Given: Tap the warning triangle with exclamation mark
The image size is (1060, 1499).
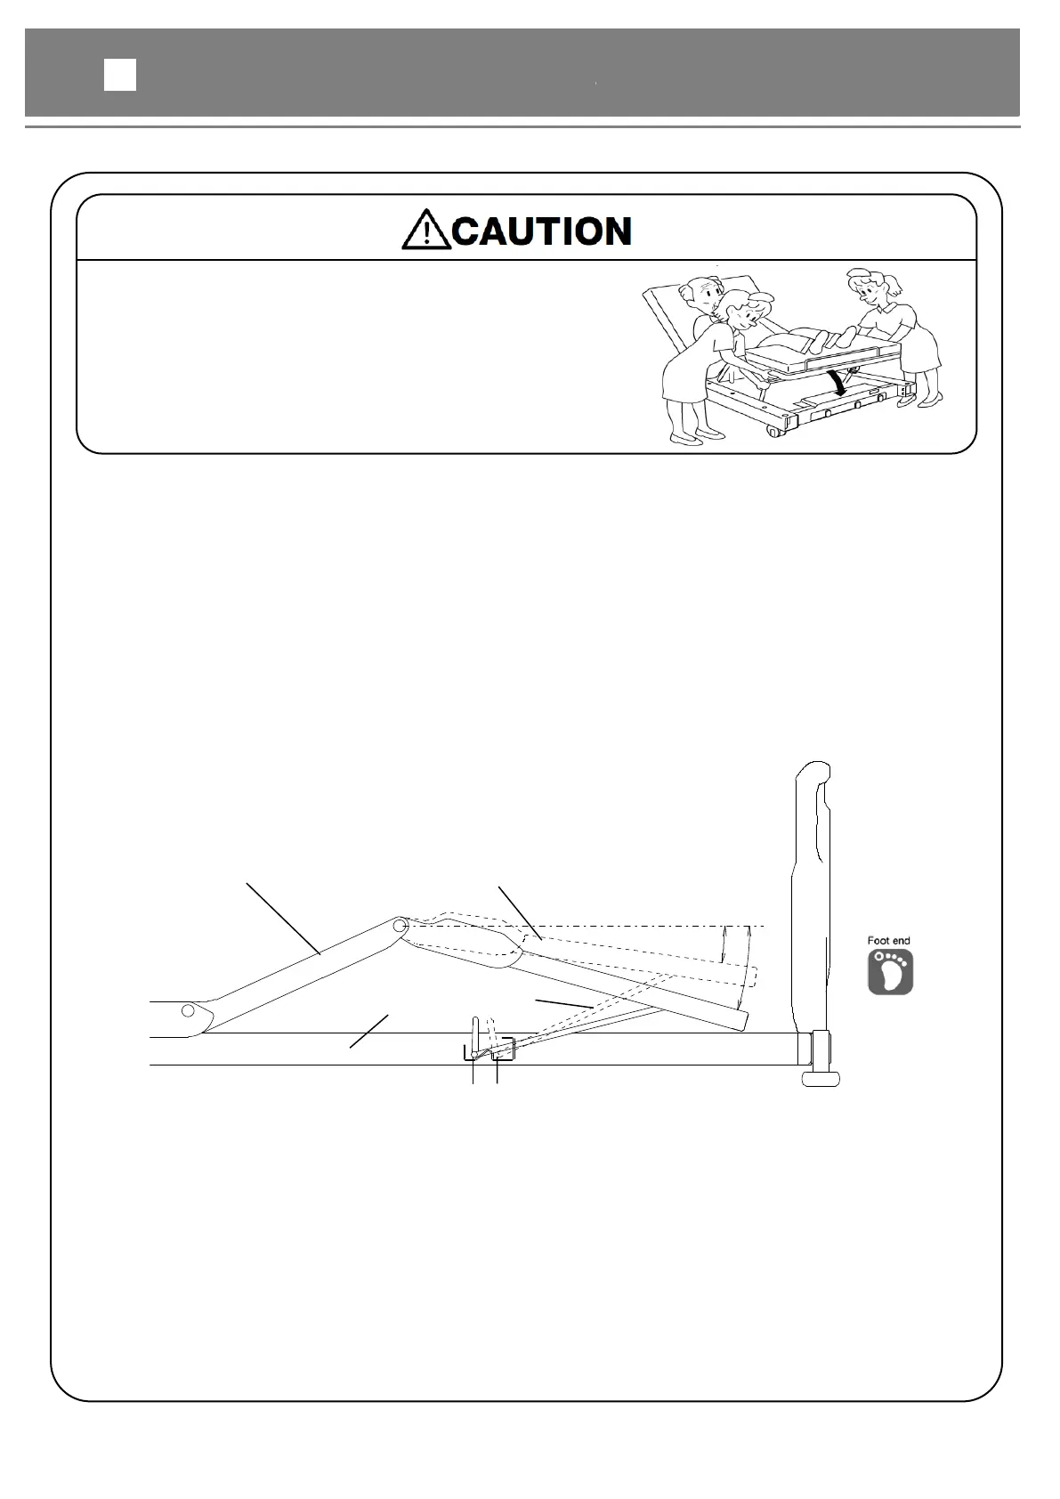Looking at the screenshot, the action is tap(426, 231).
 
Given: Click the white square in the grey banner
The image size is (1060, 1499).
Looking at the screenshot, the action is tap(120, 75).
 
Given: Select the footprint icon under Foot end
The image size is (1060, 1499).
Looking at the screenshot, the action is tap(890, 972).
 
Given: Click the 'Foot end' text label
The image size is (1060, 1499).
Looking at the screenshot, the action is tap(888, 940).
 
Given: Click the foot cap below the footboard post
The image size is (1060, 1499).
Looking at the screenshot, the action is tap(821, 1079).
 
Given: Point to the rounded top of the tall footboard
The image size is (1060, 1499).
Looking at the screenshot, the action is tap(813, 771).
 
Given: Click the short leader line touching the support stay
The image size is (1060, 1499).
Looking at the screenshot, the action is tap(563, 1003).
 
